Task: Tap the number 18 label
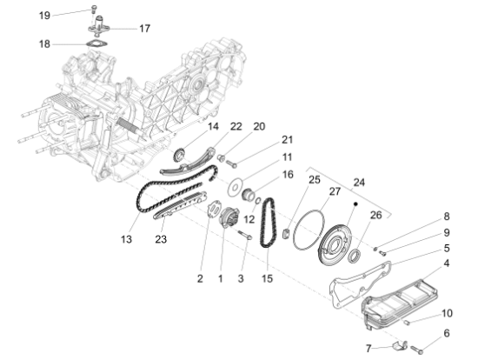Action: (x=45, y=43)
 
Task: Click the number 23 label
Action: (x=160, y=239)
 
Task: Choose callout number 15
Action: (x=267, y=278)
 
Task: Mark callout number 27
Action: (x=335, y=191)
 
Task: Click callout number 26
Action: (x=375, y=215)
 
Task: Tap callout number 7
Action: (x=368, y=349)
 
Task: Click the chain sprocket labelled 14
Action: (x=180, y=157)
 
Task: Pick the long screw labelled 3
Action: (x=246, y=234)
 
